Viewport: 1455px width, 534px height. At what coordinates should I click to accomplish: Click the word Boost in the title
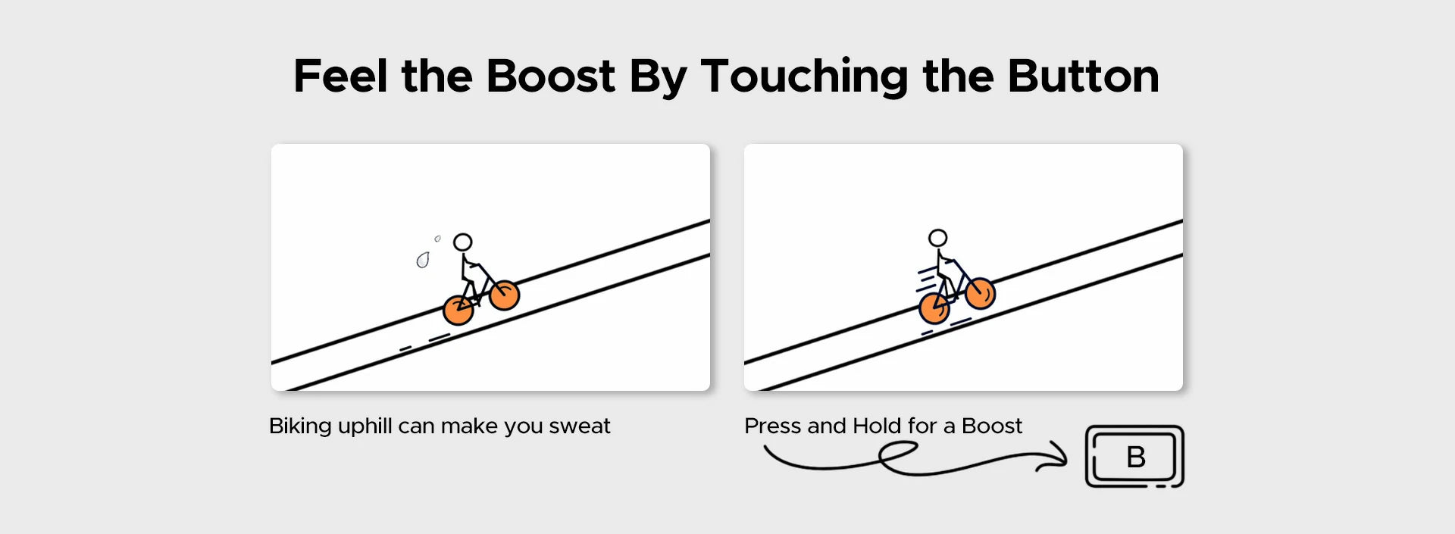click(550, 77)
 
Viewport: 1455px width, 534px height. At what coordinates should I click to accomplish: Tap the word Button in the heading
click(1083, 77)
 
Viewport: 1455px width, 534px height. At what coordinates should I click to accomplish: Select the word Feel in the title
click(341, 77)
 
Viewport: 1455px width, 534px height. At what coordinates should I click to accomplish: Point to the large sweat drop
click(422, 261)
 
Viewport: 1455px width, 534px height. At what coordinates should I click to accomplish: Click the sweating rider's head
click(462, 242)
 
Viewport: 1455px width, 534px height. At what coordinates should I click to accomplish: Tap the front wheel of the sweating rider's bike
click(504, 295)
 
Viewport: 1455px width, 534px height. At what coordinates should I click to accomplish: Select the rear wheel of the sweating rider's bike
click(458, 311)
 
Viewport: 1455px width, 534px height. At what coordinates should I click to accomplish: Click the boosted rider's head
click(937, 239)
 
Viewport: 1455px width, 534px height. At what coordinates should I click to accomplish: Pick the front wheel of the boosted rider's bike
click(980, 293)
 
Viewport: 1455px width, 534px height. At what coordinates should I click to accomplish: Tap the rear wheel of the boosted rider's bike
click(934, 308)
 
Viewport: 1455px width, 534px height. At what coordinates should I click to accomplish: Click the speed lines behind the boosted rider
click(926, 279)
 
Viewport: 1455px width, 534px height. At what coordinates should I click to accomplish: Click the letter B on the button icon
click(1135, 457)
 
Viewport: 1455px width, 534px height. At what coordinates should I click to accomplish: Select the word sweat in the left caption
click(580, 426)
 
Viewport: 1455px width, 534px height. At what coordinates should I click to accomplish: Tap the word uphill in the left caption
click(365, 427)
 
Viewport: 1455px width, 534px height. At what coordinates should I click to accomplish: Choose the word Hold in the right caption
click(877, 425)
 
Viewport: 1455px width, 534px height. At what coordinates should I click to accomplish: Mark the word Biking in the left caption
click(300, 427)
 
